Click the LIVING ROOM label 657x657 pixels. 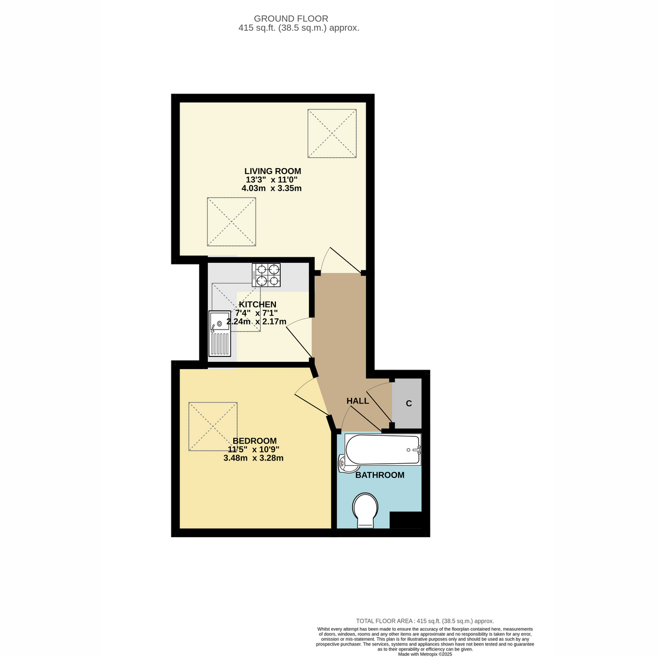pyautogui.click(x=273, y=171)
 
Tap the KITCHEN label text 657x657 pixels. pyautogui.click(x=257, y=304)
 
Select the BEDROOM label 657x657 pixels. pyautogui.click(x=255, y=441)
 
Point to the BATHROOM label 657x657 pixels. pyautogui.click(x=380, y=475)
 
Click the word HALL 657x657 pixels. pyautogui.click(x=358, y=401)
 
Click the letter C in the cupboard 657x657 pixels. pyautogui.click(x=409, y=404)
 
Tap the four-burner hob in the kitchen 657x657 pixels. pyautogui.click(x=266, y=275)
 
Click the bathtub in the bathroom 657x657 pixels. pyautogui.click(x=383, y=449)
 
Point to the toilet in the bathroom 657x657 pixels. pyautogui.click(x=365, y=510)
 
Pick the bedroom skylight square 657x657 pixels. pyautogui.click(x=213, y=427)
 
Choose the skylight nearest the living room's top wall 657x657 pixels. pyautogui.click(x=332, y=133)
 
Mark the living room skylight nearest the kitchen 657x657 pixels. pyautogui.click(x=232, y=222)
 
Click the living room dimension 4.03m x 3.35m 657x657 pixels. pyautogui.click(x=272, y=188)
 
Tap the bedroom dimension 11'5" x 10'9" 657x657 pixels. pyautogui.click(x=253, y=449)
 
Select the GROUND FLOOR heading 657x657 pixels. pyautogui.click(x=291, y=19)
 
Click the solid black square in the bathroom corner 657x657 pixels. pyautogui.click(x=406, y=520)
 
